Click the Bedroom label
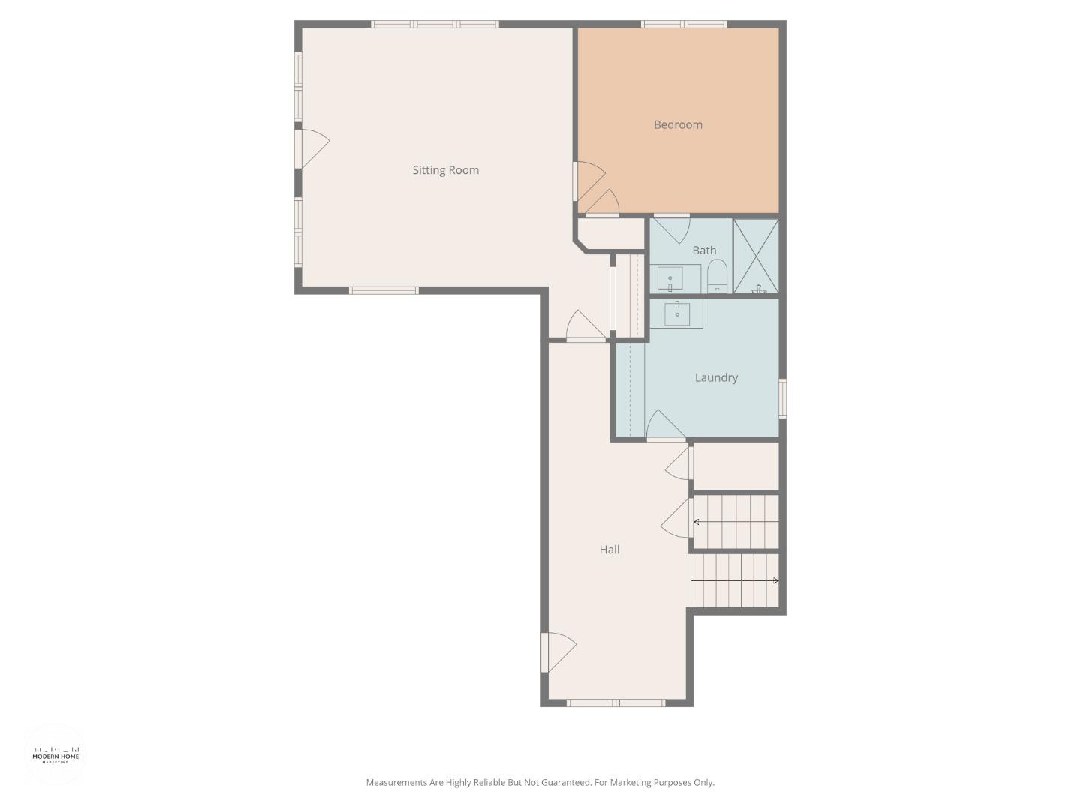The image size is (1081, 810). [x=678, y=125]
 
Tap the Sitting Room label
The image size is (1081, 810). [x=445, y=170]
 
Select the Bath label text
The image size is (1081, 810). [x=703, y=250]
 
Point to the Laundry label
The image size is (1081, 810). [x=715, y=377]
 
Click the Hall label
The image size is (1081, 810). [x=609, y=550]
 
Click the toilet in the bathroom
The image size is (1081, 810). [x=717, y=276]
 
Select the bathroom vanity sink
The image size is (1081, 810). [x=670, y=279]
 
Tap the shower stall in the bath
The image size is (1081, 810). [x=756, y=256]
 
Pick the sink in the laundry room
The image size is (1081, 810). [x=677, y=313]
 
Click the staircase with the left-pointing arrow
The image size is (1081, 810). [x=735, y=522]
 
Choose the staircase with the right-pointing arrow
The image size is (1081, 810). [x=735, y=580]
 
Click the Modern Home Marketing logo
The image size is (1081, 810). [x=56, y=754]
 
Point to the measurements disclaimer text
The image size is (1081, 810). [x=540, y=782]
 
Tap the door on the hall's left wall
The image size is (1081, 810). [x=557, y=652]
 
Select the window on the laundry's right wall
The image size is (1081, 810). [x=782, y=398]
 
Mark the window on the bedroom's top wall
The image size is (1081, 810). [x=683, y=25]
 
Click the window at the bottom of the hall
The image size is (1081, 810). [x=616, y=703]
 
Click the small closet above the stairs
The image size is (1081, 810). [x=735, y=466]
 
